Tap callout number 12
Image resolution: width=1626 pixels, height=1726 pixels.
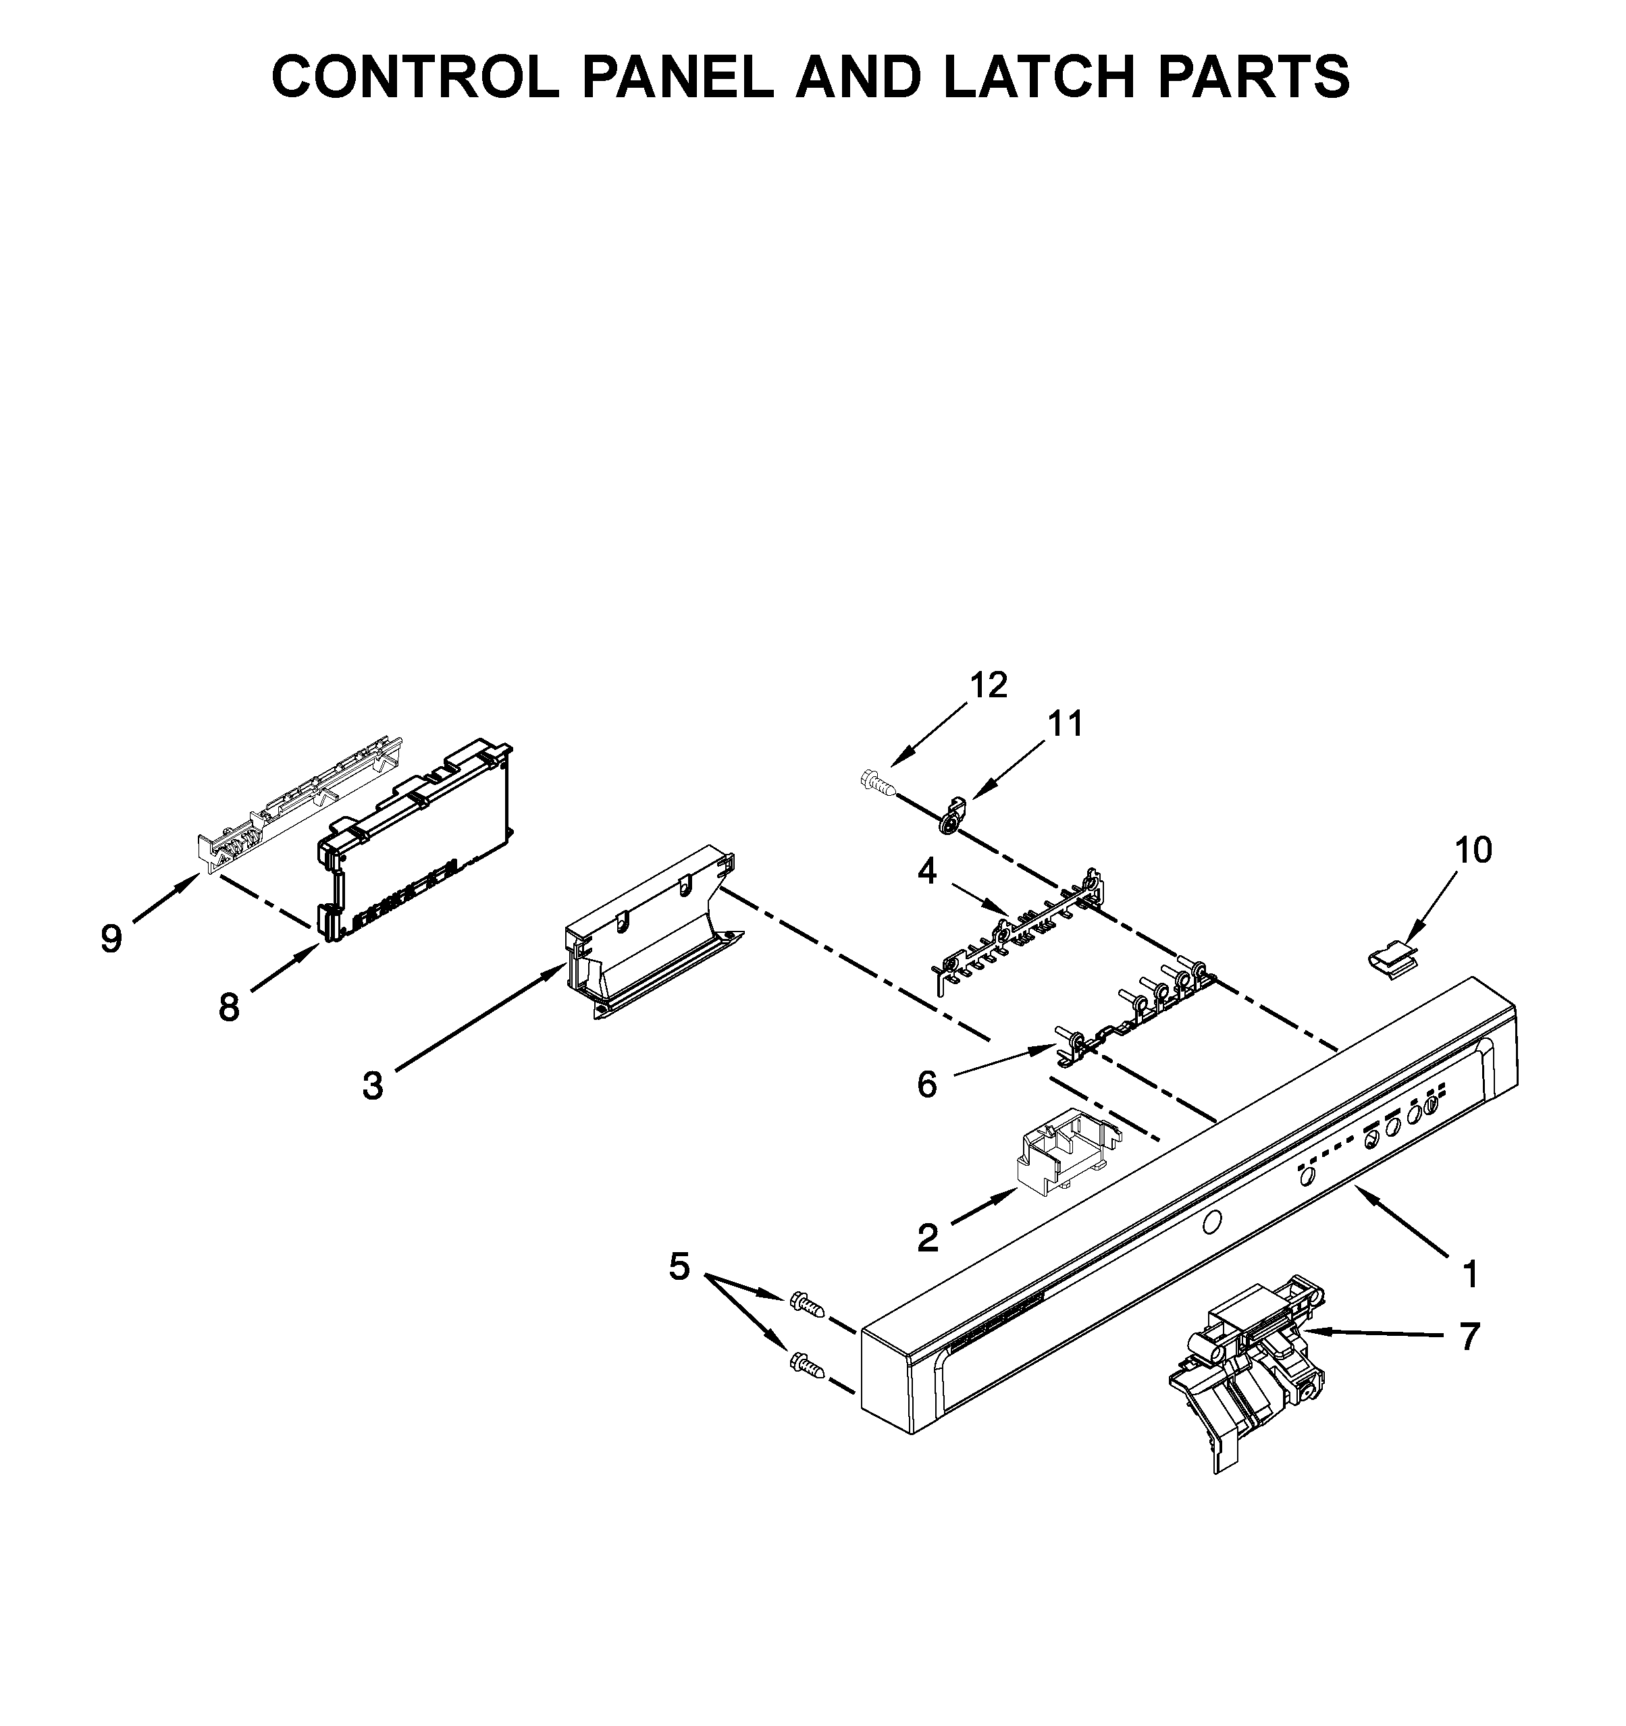pyautogui.click(x=989, y=685)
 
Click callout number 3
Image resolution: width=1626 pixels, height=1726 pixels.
pyautogui.click(x=373, y=1085)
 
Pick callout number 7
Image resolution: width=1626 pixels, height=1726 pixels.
pyautogui.click(x=1469, y=1336)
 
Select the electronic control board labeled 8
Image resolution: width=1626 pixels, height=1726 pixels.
pyautogui.click(x=415, y=840)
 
